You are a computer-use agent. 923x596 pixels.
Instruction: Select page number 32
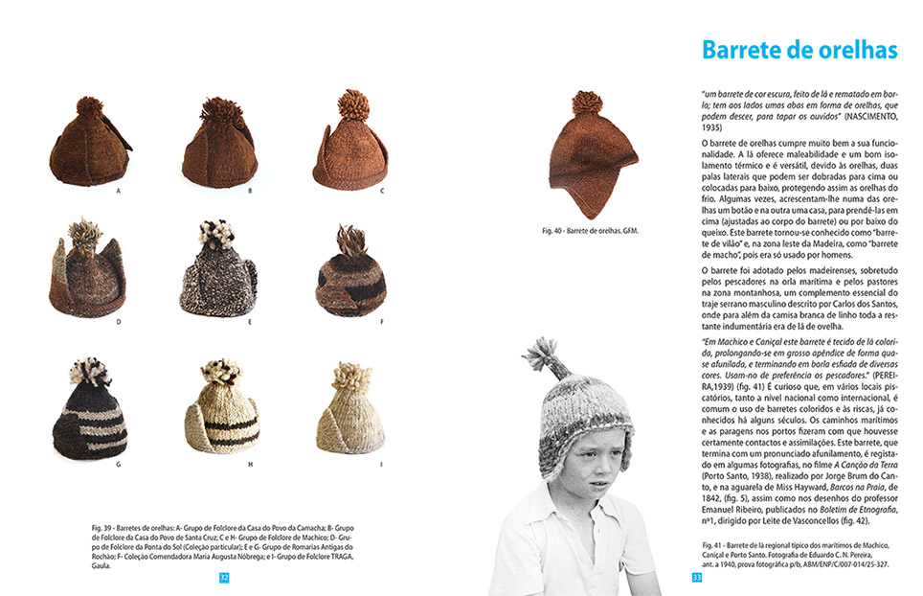click(224, 578)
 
